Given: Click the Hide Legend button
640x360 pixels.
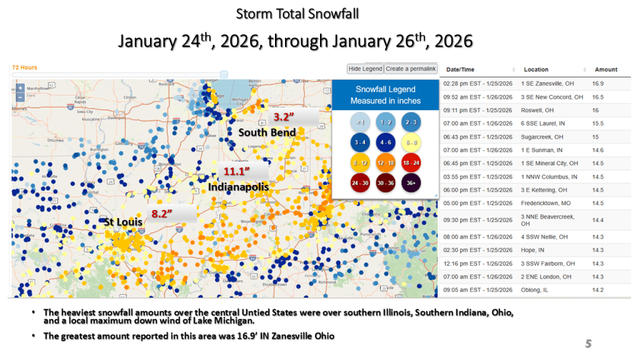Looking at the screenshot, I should point(365,69).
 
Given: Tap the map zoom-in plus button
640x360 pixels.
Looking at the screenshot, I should point(20,88).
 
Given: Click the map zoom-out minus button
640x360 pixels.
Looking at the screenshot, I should point(20,97).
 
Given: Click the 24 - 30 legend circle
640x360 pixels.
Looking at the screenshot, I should point(361,182).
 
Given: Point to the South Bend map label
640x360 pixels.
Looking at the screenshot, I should point(267,132).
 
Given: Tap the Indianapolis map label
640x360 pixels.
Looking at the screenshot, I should point(238,187).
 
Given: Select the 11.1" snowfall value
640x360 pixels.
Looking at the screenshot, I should point(237,171).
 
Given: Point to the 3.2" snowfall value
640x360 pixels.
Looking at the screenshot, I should point(284,116).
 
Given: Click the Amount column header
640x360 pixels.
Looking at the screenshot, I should point(606,69).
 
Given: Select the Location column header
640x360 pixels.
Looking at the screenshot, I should point(536,69).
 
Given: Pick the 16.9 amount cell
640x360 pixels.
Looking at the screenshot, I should point(598,83).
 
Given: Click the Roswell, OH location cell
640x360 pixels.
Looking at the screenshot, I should point(537,110).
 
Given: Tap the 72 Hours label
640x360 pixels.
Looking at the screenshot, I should point(24,67).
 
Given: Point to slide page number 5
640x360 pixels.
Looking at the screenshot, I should point(588,343).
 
